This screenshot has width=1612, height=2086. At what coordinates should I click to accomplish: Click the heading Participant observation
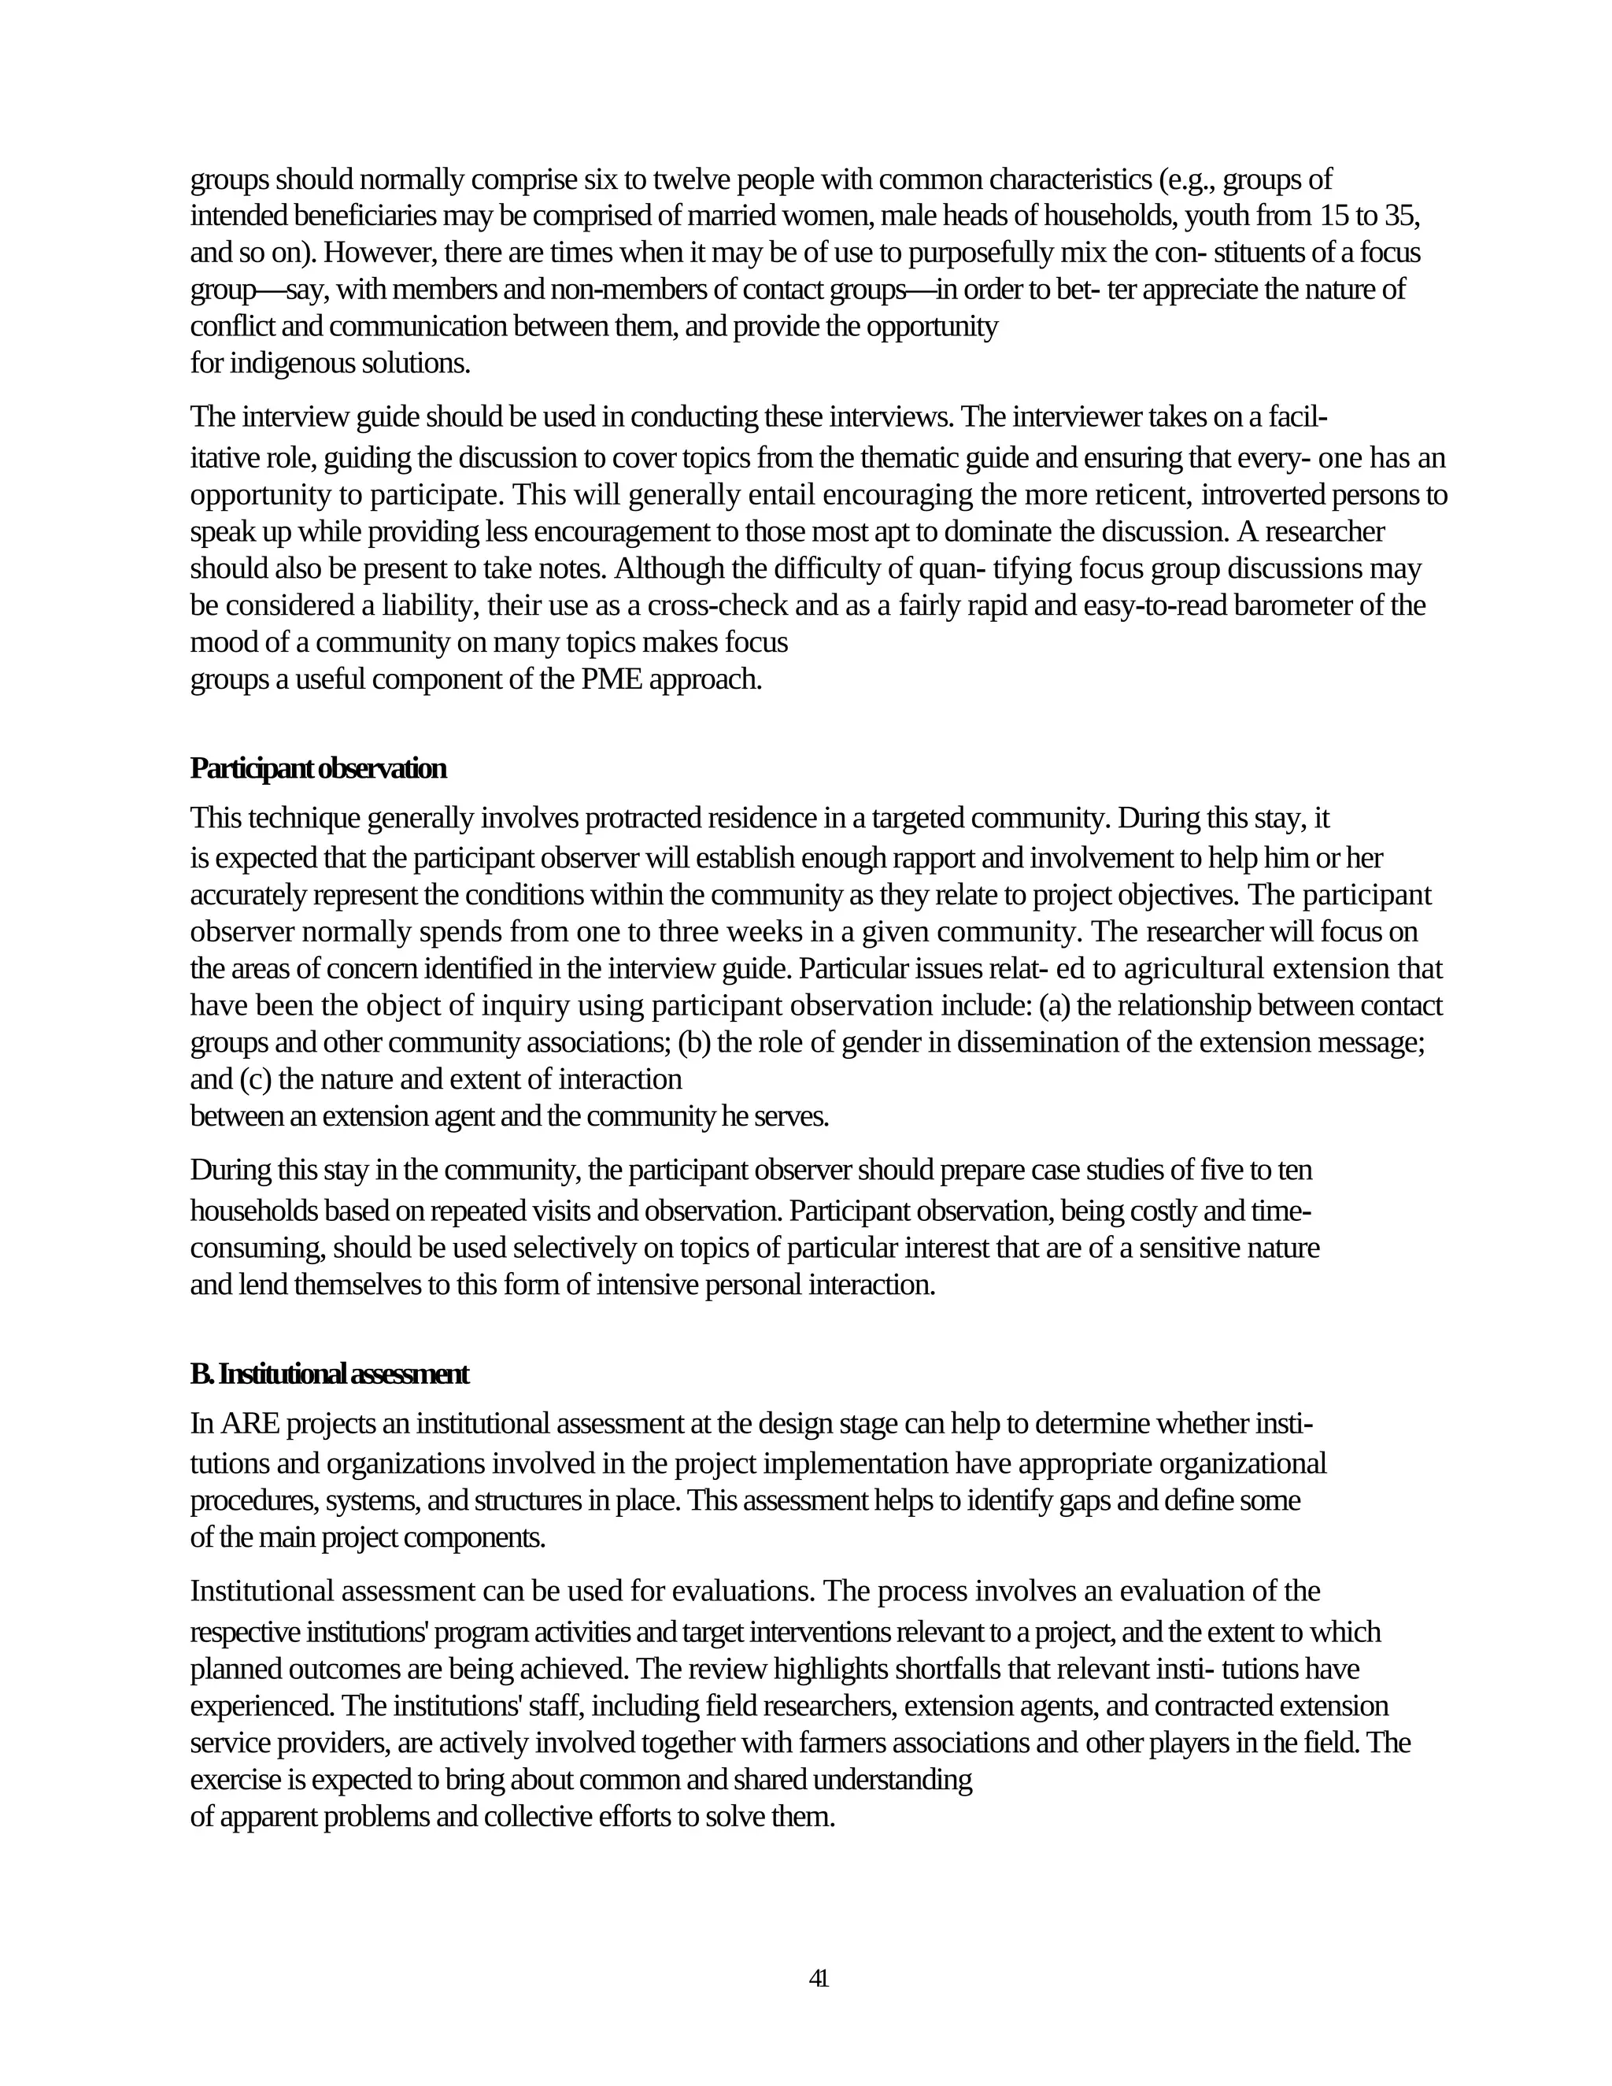click(318, 768)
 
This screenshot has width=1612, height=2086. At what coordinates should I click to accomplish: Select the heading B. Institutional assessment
click(330, 1374)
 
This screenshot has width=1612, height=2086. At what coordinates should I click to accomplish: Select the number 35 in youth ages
click(1397, 216)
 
